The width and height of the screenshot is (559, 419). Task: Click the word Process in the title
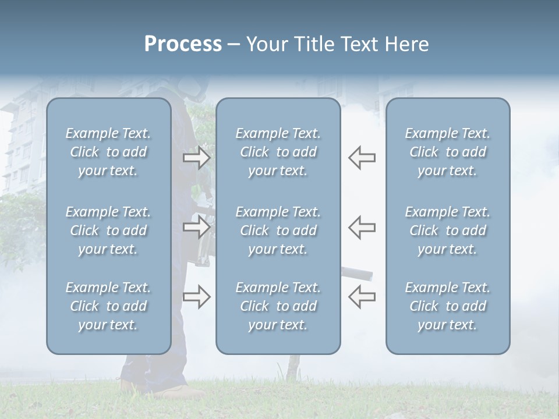tap(183, 44)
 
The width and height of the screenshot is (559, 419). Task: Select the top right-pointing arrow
tap(196, 158)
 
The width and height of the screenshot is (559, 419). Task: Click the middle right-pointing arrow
tap(196, 226)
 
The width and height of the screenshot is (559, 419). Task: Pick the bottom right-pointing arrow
tap(196, 297)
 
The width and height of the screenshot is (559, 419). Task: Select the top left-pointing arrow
tap(362, 158)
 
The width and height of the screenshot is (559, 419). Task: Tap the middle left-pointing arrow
tap(362, 226)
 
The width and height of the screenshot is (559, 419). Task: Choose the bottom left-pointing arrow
tap(362, 297)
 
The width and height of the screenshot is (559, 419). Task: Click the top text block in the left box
tap(108, 152)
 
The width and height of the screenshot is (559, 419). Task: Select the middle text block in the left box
tap(108, 230)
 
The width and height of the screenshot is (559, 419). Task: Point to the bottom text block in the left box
tap(108, 306)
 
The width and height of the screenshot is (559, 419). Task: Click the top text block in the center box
tap(278, 152)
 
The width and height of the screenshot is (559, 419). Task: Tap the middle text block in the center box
tap(278, 230)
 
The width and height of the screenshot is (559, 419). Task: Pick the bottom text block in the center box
tap(278, 306)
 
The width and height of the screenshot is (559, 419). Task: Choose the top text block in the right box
tap(447, 152)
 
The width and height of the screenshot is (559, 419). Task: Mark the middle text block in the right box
tap(447, 230)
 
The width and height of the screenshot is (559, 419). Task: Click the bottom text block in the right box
tap(447, 306)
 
